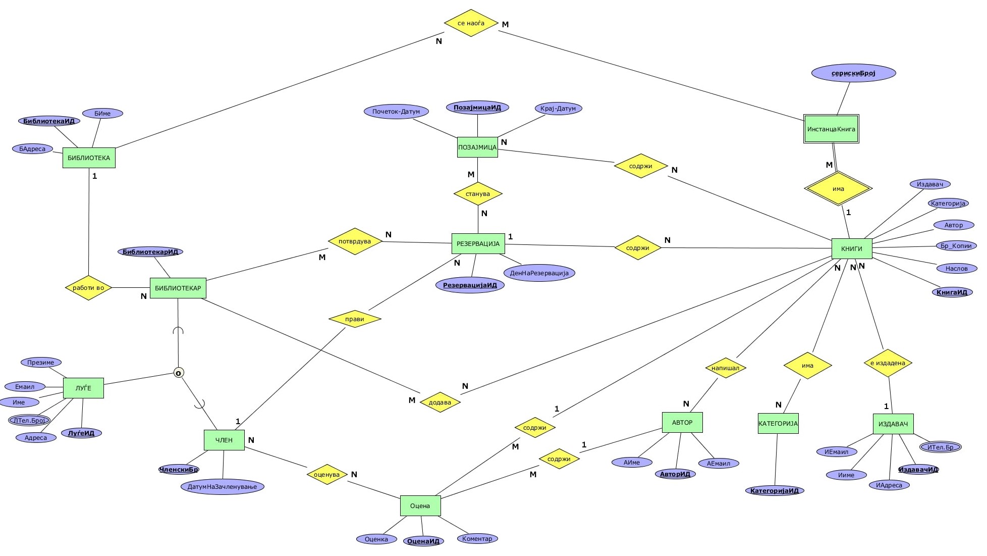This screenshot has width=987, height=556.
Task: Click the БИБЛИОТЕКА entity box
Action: (x=89, y=158)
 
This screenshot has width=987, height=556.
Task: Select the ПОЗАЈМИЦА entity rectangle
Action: (x=477, y=147)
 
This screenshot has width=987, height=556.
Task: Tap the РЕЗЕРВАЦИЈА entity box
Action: (x=478, y=243)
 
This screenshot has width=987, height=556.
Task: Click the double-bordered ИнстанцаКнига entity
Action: (x=831, y=129)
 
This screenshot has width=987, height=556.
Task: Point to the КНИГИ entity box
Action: (x=851, y=248)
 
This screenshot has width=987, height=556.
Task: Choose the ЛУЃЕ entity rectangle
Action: (x=83, y=388)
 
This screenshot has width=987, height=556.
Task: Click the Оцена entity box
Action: (x=420, y=506)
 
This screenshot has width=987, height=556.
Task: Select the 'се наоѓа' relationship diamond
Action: (x=471, y=23)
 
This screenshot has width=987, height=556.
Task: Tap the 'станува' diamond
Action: (x=478, y=194)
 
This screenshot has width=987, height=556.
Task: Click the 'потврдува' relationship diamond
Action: (x=355, y=241)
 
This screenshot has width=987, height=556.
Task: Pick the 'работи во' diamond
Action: (x=88, y=288)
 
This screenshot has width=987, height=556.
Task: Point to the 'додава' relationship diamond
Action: (x=440, y=402)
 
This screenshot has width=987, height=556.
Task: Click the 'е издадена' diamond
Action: (x=888, y=363)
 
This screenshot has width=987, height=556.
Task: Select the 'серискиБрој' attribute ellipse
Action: (x=853, y=73)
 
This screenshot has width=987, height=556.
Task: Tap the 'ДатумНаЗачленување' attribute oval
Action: (x=222, y=487)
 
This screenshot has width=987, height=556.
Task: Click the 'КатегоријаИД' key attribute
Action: (x=774, y=490)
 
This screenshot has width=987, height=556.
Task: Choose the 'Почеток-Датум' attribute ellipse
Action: (x=396, y=112)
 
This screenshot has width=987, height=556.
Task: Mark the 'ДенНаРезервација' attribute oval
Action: (x=539, y=273)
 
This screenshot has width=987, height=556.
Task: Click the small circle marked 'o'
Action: (x=178, y=373)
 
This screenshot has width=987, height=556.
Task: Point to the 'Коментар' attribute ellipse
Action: (x=477, y=539)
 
